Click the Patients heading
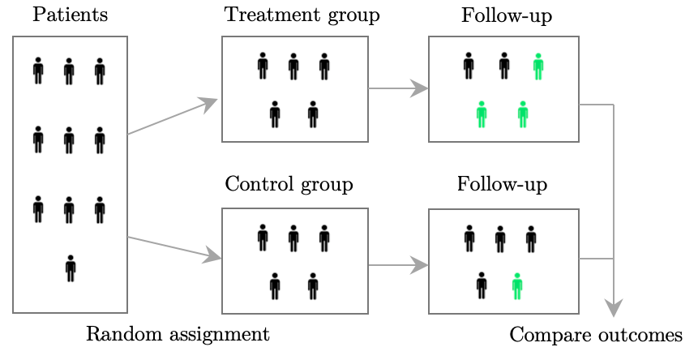click(71, 15)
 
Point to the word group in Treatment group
click(354, 16)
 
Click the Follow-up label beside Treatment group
click(507, 16)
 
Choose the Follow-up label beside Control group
click(502, 185)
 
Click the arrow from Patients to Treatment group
click(173, 116)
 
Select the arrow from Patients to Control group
click(174, 248)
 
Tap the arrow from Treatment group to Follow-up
click(398, 88)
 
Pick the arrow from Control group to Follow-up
click(398, 265)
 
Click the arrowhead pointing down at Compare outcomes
click(614, 307)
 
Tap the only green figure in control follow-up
click(517, 286)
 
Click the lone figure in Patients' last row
click(71, 268)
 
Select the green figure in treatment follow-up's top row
click(538, 66)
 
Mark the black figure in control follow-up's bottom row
click(482, 285)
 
